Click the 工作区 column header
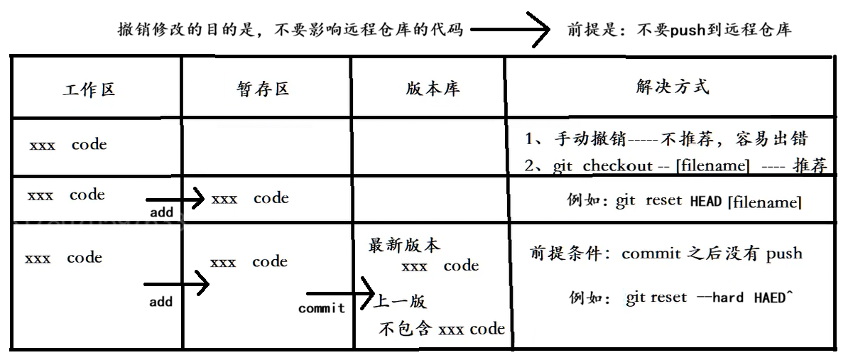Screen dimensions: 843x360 click(88, 90)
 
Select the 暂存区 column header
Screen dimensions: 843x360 click(262, 89)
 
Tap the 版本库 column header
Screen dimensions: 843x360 click(433, 89)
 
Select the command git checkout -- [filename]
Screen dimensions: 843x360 click(651, 166)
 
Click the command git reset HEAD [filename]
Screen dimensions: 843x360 click(708, 202)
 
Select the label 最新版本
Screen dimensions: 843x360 click(404, 246)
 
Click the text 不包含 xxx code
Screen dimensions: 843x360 click(442, 329)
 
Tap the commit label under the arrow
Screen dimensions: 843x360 click(321, 308)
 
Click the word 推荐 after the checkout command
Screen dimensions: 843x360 click(810, 166)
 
